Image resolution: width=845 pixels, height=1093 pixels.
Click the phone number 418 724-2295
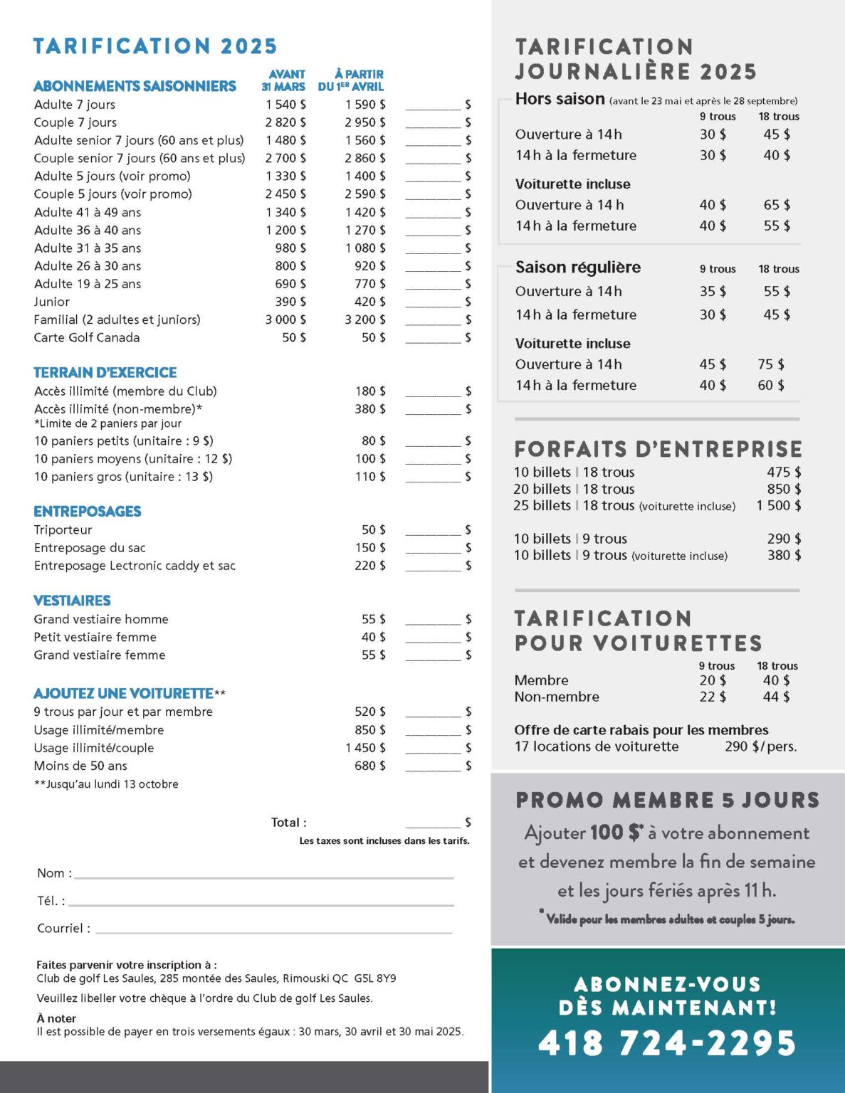(x=667, y=1043)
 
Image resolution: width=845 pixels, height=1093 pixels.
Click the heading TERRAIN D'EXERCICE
(x=105, y=372)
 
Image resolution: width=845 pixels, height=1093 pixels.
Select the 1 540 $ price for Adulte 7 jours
(x=285, y=105)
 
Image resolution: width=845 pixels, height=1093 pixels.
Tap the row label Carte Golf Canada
(x=87, y=337)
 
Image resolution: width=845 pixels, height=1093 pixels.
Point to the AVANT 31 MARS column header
(x=283, y=80)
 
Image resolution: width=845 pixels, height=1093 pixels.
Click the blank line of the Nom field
(x=263, y=875)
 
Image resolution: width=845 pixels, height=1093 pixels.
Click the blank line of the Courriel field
(x=273, y=929)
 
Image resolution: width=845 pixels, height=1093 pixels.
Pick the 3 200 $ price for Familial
(x=365, y=320)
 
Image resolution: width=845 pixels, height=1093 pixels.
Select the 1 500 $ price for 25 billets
(x=779, y=505)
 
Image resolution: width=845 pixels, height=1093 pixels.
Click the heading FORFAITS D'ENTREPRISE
(x=658, y=449)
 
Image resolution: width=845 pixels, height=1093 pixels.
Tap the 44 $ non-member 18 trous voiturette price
(x=776, y=697)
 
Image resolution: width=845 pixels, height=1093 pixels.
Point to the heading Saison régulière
(x=578, y=268)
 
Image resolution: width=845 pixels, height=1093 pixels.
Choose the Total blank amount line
(x=433, y=824)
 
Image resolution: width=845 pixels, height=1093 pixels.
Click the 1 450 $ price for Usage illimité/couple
(x=365, y=748)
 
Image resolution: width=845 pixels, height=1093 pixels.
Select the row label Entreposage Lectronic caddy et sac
(x=135, y=566)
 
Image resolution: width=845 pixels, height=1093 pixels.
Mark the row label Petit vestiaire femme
(x=95, y=637)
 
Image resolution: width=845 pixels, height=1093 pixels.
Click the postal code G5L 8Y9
(x=374, y=978)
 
